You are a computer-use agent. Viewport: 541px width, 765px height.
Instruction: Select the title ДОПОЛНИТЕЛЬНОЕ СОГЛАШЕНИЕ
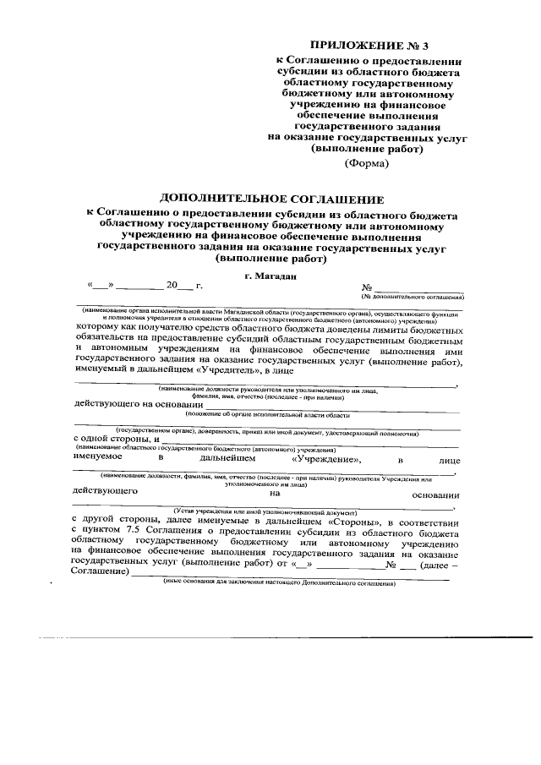(272, 199)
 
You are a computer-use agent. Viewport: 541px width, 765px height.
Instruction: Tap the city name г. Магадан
(270, 276)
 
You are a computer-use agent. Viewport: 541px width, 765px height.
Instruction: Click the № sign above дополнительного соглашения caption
(367, 288)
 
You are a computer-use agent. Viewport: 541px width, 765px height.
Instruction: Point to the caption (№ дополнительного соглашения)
(412, 298)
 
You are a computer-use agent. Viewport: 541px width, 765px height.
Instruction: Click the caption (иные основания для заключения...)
(279, 585)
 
